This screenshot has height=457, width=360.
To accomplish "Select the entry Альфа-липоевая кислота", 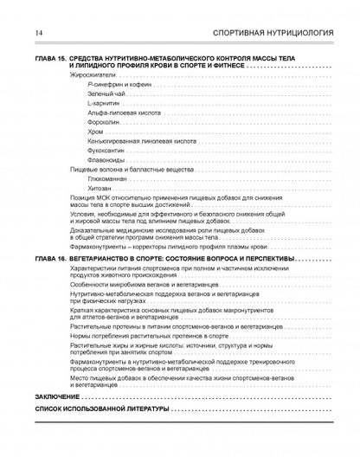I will pos(121,115).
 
